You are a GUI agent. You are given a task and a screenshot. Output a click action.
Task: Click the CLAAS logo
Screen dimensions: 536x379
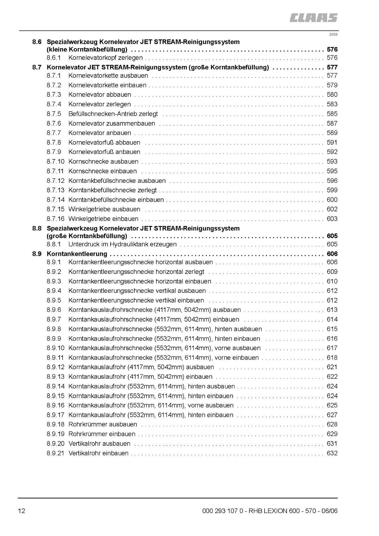point(313,18)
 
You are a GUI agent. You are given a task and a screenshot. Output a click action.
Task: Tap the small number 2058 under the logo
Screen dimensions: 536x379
point(333,34)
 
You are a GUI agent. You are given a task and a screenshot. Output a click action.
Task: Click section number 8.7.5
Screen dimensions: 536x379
point(54,114)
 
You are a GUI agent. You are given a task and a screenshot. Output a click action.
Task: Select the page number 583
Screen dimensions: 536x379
point(332,104)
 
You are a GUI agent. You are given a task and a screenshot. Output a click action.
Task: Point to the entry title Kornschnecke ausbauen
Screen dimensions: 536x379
point(103,162)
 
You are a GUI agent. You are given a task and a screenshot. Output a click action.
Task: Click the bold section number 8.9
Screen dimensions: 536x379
point(37,254)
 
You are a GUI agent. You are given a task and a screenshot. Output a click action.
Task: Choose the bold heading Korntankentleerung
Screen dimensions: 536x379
point(77,254)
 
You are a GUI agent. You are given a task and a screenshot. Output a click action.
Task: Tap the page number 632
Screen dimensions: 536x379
point(332,453)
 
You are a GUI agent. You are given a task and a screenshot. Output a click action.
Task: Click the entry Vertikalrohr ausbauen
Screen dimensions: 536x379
point(99,444)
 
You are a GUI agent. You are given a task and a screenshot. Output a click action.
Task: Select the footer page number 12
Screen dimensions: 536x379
point(21,511)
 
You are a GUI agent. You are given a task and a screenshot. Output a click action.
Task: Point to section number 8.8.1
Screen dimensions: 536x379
point(54,244)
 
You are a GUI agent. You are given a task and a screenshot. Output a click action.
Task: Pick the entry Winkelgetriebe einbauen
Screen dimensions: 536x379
point(103,219)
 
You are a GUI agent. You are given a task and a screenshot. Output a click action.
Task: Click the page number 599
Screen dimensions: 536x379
point(332,190)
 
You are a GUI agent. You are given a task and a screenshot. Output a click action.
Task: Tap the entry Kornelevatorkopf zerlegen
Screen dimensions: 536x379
point(105,58)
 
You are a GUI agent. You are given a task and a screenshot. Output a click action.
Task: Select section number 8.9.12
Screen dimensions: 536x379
point(55,367)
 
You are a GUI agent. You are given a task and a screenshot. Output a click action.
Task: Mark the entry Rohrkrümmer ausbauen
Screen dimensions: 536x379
point(103,424)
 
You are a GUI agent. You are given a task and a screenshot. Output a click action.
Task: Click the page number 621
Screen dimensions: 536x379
point(332,367)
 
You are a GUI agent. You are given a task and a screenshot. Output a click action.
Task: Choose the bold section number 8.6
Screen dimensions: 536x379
point(37,42)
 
